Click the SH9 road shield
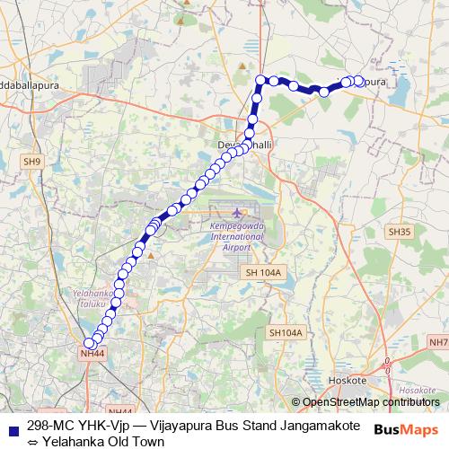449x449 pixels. (x=32, y=162)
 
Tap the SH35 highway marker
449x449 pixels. (x=400, y=232)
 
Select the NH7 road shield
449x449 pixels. (x=439, y=342)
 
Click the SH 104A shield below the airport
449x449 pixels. (x=264, y=272)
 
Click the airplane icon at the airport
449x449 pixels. (x=237, y=212)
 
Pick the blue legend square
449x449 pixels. (x=12, y=426)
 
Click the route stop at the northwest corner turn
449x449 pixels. (x=260, y=80)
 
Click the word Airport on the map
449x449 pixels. (x=237, y=246)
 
